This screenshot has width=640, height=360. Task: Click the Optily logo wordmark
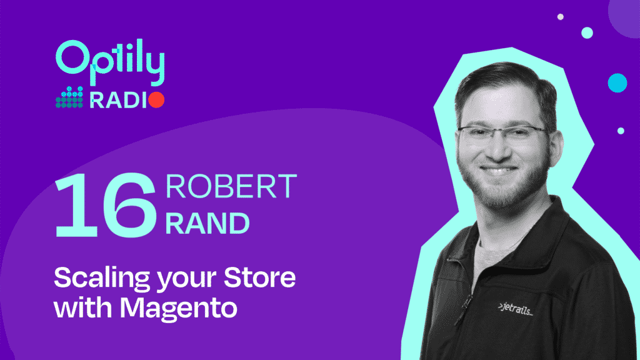click(110, 62)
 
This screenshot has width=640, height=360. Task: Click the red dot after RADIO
click(156, 100)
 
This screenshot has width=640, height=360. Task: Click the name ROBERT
click(231, 186)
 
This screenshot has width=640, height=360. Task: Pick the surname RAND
click(207, 223)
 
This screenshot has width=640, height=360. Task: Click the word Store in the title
click(259, 277)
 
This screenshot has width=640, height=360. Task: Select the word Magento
click(178, 309)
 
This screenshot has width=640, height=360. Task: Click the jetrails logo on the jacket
click(516, 309)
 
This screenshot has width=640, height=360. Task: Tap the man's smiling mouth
click(497, 169)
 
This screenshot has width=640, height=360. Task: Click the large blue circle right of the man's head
click(617, 83)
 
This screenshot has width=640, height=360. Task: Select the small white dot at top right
click(561, 17)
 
